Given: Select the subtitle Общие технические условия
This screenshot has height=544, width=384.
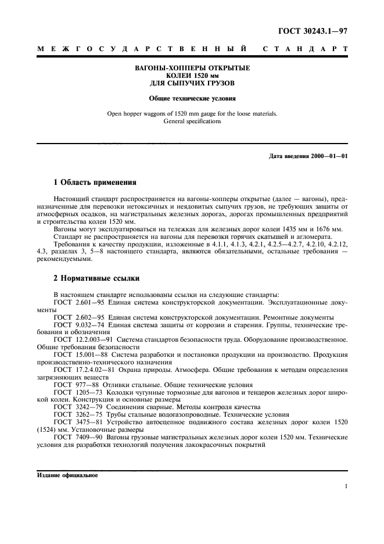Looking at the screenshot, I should [192, 99].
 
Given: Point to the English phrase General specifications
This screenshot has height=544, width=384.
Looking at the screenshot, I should [192, 121].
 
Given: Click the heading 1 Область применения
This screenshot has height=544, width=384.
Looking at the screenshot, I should [87, 182].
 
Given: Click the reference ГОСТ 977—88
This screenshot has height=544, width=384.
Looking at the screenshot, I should [72, 385].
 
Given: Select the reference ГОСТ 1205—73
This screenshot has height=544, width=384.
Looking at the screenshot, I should [74, 393].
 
